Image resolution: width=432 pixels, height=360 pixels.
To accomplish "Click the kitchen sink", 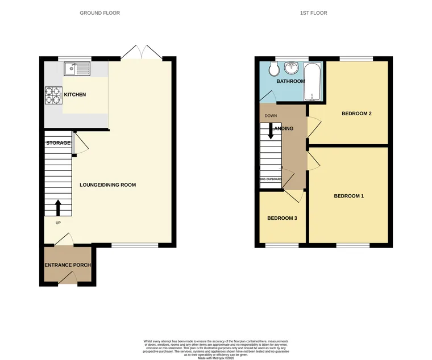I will (x=77, y=69).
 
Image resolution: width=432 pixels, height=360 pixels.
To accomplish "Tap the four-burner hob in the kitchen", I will (x=52, y=94).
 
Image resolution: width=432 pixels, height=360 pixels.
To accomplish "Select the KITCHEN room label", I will (x=74, y=94).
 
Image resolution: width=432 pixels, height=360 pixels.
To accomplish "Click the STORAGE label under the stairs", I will (x=58, y=143).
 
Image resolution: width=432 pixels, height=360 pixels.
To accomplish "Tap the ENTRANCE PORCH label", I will (x=68, y=265).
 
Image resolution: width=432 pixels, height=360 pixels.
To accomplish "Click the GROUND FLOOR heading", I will (x=99, y=12).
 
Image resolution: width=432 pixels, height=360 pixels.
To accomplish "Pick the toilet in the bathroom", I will (x=273, y=69).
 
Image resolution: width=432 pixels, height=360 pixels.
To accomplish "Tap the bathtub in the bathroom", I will (x=312, y=81).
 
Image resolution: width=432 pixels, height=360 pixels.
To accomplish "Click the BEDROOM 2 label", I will (x=356, y=114).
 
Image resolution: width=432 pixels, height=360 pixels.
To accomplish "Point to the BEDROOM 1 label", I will (x=348, y=196).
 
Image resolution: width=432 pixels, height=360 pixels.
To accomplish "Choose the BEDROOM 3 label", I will (x=282, y=218).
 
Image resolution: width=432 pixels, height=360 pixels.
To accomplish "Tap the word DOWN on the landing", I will (x=271, y=116).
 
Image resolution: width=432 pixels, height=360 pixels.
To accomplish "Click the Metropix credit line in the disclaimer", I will (x=216, y=358).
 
